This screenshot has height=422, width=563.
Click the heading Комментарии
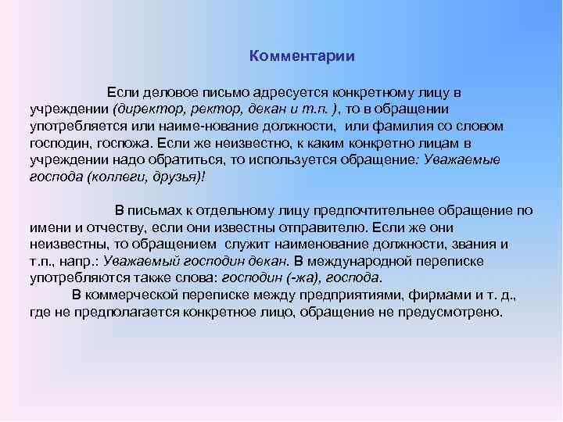[x=302, y=56]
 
